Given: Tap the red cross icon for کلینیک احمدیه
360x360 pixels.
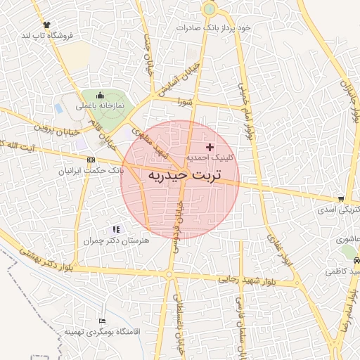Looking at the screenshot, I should (210, 146).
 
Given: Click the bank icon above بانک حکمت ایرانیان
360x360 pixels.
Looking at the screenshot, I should (91, 160).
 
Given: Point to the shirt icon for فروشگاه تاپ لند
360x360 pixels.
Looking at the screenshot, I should (47, 23).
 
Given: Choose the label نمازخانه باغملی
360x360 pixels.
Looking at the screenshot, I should (99, 105).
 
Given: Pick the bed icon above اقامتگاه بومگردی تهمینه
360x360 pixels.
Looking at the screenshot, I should (103, 321).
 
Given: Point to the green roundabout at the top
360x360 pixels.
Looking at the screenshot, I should (209, 10).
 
